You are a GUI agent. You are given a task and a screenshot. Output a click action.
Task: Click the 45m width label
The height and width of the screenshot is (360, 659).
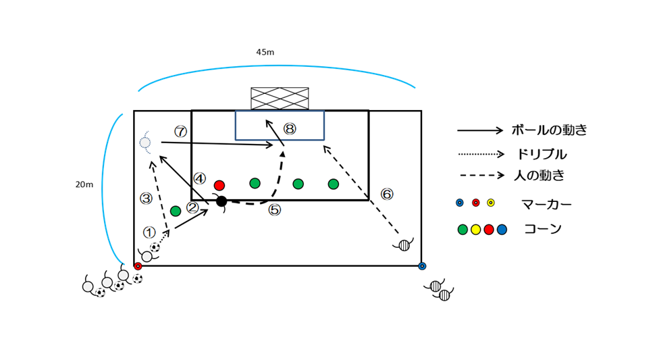point(265,53)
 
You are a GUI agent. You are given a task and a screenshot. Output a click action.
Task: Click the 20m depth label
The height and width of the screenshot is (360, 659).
point(84,184)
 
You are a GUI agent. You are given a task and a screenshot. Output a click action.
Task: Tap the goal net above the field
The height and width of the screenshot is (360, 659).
point(280,99)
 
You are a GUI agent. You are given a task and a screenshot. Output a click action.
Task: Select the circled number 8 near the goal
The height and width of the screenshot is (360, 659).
point(290,128)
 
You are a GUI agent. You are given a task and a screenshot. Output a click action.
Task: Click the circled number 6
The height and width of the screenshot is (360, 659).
point(387,195)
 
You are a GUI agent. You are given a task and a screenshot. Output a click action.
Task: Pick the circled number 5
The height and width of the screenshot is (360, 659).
point(274,210)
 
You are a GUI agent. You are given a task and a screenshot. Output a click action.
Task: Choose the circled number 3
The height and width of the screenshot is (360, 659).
point(146,199)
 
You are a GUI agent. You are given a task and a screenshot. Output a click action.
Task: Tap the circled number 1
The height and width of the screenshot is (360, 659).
point(149,232)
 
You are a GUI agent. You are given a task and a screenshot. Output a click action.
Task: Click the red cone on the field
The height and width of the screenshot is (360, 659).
point(219,185)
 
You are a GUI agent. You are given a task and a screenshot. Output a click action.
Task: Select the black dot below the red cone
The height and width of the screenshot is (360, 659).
point(221,201)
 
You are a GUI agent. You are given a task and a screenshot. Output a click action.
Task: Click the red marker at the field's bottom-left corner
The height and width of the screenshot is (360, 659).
point(138,266)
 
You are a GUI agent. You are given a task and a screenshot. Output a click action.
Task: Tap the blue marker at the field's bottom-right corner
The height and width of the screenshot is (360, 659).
point(422,266)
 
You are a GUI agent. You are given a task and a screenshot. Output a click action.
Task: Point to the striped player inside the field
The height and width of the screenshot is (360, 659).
point(404,245)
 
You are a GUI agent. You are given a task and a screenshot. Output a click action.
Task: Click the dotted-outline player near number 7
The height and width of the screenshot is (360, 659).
point(145,143)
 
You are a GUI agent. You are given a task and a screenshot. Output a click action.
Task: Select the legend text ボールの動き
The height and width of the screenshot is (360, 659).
point(549,130)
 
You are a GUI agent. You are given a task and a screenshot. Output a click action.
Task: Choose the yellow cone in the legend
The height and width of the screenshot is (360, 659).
point(476,230)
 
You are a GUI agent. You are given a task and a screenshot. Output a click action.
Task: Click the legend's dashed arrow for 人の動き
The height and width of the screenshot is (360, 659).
point(481,176)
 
